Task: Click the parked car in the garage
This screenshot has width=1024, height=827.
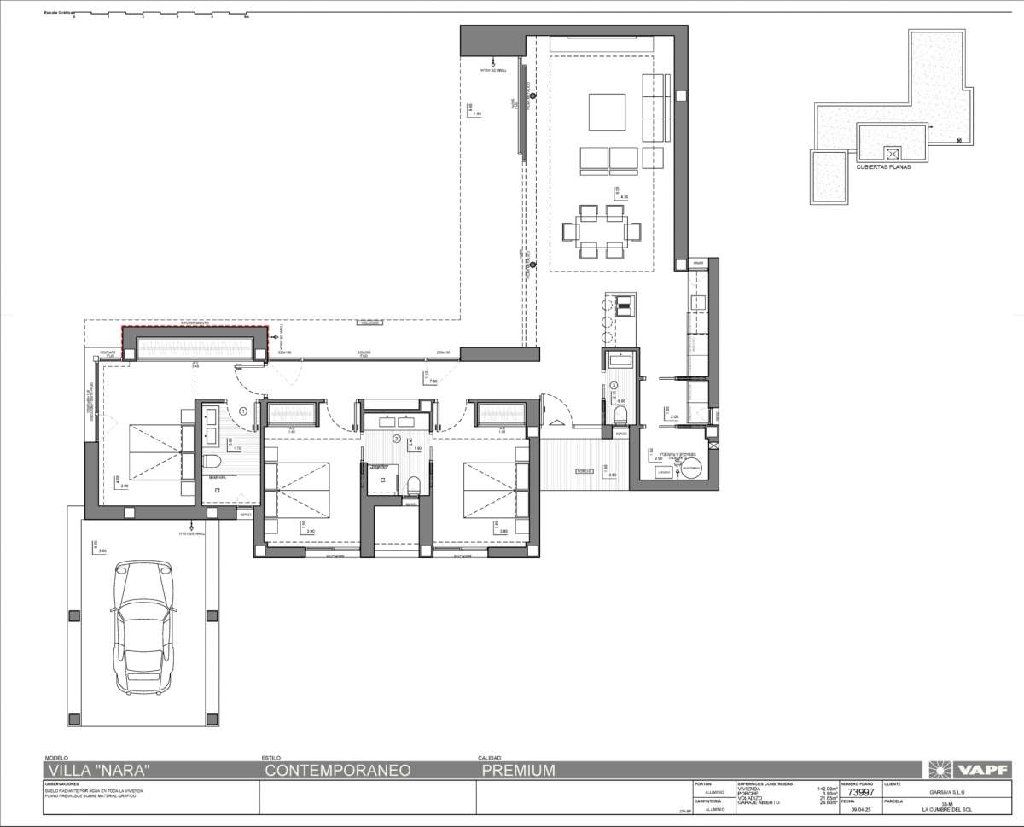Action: point(144,627)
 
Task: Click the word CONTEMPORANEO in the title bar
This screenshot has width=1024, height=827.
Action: point(338,770)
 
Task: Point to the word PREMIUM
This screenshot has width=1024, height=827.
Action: point(518,770)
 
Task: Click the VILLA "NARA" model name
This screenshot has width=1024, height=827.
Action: point(101,770)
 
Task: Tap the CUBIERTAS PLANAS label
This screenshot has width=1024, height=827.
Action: point(883,167)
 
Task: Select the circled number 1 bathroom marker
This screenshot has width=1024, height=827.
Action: point(243,411)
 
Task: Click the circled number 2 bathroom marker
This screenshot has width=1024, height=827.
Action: point(396,438)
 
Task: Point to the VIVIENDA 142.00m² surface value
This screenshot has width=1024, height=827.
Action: point(823,789)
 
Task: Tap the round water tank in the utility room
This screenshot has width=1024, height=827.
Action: point(691,469)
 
